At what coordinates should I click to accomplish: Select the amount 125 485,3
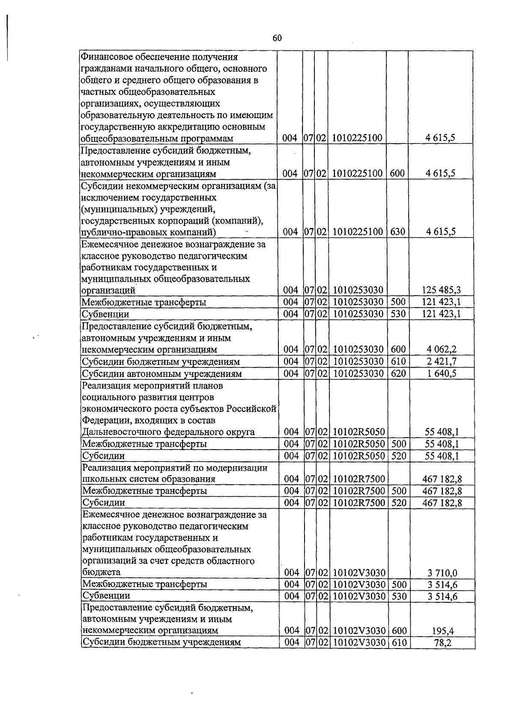pyautogui.click(x=441, y=290)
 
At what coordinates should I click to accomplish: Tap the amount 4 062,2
pyautogui.click(x=441, y=350)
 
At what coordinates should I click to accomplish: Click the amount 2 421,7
pyautogui.click(x=441, y=362)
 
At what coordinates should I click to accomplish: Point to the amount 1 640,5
pyautogui.click(x=441, y=374)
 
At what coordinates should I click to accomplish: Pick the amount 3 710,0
pyautogui.click(x=442, y=573)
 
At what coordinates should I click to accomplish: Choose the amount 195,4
pyautogui.click(x=443, y=631)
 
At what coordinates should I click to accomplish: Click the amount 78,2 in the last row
pyautogui.click(x=443, y=643)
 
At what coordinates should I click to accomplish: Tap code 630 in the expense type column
pyautogui.click(x=397, y=232)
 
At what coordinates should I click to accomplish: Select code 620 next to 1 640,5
pyautogui.click(x=398, y=373)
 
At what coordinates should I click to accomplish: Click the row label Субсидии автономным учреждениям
pyautogui.click(x=162, y=374)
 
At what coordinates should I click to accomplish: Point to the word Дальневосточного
pyautogui.click(x=120, y=432)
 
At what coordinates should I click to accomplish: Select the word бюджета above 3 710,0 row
pyautogui.click(x=101, y=572)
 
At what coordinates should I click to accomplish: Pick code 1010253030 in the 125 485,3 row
pyautogui.click(x=357, y=290)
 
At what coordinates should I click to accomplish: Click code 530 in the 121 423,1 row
pyautogui.click(x=398, y=314)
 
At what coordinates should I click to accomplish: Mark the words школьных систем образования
pyautogui.click(x=148, y=479)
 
